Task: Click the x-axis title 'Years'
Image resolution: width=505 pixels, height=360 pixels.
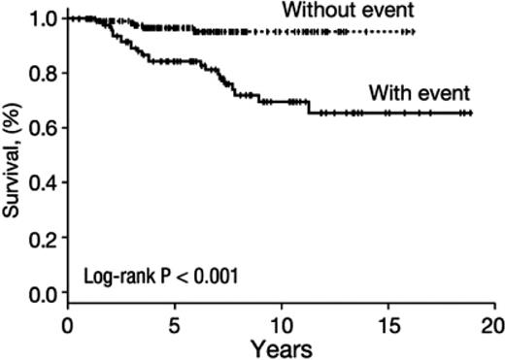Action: [x=280, y=345]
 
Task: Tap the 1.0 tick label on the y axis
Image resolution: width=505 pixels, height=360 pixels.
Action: [x=41, y=18]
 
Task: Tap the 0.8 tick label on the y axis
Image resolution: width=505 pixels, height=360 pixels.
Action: [x=41, y=74]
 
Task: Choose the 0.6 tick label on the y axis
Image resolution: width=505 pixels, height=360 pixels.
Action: [x=41, y=128]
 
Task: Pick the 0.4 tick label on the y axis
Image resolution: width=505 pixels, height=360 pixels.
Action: [x=41, y=182]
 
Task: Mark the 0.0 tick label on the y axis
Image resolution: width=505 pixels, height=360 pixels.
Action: [x=41, y=292]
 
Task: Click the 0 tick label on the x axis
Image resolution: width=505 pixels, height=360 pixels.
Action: [x=68, y=322]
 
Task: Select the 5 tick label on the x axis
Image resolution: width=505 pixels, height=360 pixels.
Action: [x=174, y=322]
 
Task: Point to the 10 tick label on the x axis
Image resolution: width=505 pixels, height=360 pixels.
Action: [x=281, y=322]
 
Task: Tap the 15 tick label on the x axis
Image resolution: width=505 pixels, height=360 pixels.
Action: [x=387, y=322]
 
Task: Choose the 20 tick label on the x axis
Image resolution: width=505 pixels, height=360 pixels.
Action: [x=492, y=322]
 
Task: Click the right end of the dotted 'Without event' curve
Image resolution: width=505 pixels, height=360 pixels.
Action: [x=415, y=32]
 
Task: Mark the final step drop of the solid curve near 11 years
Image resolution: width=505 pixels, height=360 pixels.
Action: [x=309, y=108]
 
